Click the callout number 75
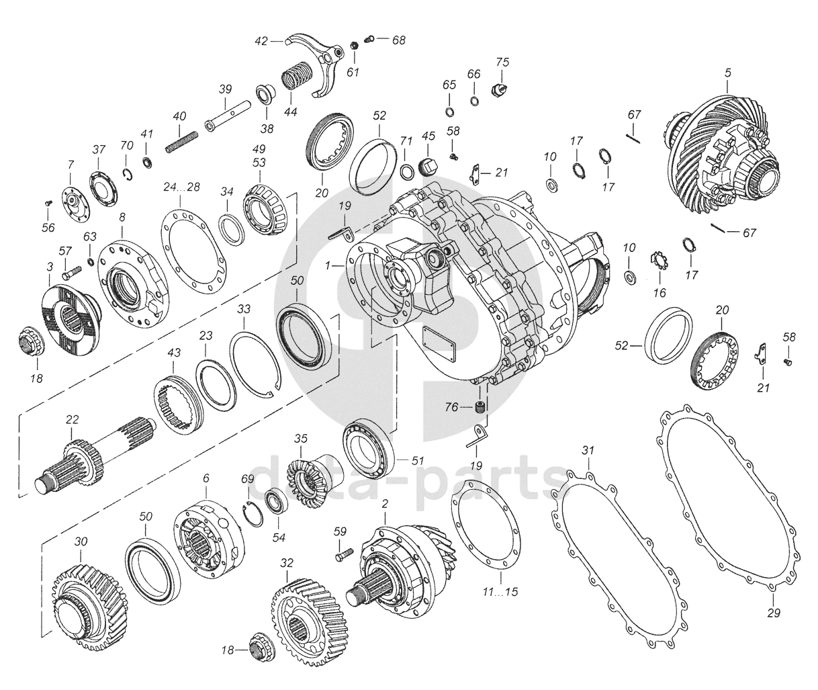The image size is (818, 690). [x=502, y=62]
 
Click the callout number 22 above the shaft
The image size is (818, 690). [x=72, y=419]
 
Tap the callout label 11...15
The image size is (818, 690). [x=500, y=592]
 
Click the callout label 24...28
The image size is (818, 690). [x=181, y=187]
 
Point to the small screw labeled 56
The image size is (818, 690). [x=48, y=203]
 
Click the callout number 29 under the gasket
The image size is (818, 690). [x=774, y=613]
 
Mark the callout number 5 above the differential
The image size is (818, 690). [x=728, y=73]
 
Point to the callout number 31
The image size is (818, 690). [x=588, y=450]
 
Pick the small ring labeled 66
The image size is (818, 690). [x=474, y=101]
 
